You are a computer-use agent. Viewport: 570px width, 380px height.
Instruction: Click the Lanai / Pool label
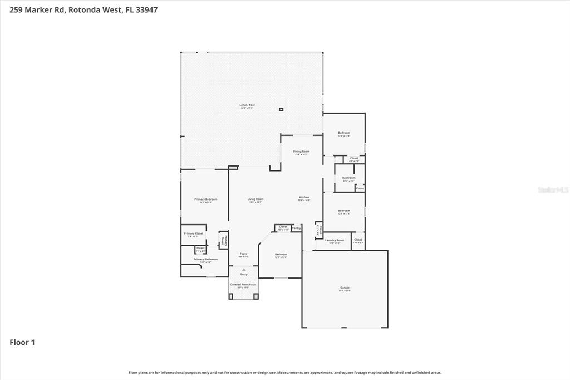[x=247, y=105]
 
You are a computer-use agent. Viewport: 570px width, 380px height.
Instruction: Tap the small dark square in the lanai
[x=281, y=109]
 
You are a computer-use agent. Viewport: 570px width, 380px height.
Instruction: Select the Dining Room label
[x=301, y=152]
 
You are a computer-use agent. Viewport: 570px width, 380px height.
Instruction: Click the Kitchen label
[x=304, y=198]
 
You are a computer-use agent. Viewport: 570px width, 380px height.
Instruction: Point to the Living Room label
[x=255, y=199]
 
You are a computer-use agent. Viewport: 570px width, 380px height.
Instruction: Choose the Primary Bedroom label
[x=205, y=199]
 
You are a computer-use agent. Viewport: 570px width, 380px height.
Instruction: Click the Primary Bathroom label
[x=205, y=259]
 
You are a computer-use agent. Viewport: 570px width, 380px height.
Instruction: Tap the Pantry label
[x=296, y=228]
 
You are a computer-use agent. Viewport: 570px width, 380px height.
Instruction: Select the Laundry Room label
[x=335, y=240]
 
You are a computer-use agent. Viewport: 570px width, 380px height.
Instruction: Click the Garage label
[x=345, y=288]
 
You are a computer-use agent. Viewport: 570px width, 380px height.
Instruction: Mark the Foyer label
[x=243, y=254]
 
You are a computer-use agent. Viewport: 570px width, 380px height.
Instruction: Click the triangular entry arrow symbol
[x=243, y=270]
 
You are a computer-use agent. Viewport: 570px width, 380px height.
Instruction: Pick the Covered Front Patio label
[x=243, y=285]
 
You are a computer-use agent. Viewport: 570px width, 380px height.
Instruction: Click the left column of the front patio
[x=231, y=296]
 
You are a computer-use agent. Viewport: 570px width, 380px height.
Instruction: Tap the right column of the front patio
[x=256, y=296]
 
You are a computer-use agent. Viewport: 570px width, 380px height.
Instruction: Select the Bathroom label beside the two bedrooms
[x=348, y=178]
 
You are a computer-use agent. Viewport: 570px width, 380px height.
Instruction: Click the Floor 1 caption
[x=22, y=343]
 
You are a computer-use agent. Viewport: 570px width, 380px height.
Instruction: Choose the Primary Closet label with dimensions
[x=193, y=234]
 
